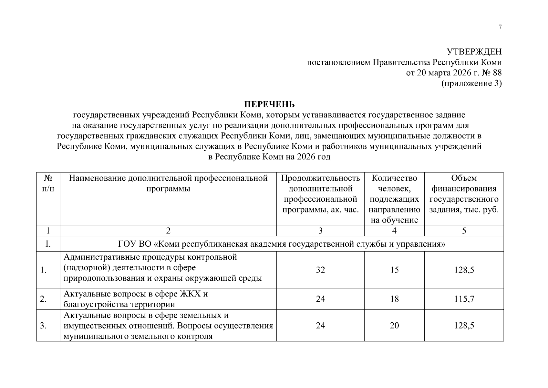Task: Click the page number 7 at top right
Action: (x=500, y=27)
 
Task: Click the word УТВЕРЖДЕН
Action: (x=474, y=52)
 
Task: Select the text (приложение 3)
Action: (x=471, y=84)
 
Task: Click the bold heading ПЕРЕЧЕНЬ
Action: (x=269, y=104)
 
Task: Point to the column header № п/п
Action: (x=48, y=183)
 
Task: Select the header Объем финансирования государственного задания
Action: (x=464, y=194)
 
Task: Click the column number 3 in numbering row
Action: (x=320, y=231)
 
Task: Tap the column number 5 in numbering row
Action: (x=464, y=231)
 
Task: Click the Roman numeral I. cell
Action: (x=48, y=244)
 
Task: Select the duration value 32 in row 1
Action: (x=320, y=270)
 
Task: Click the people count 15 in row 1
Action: (x=394, y=270)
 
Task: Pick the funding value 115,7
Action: (x=464, y=299)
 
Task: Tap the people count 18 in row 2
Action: (x=394, y=299)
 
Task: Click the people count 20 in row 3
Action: (x=394, y=326)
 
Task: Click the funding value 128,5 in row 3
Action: (x=464, y=326)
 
